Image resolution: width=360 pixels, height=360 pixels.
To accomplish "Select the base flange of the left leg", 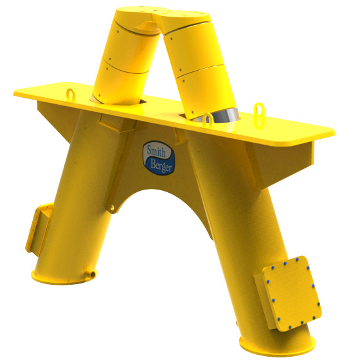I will (x=61, y=278).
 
